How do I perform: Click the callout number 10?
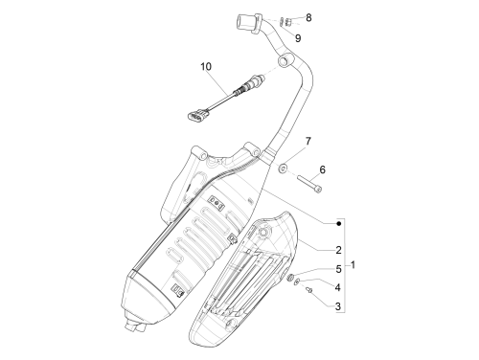click(206, 67)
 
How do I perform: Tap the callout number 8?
click(308, 18)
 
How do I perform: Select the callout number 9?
click(298, 38)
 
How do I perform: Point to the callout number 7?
click(308, 141)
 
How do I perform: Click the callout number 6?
click(322, 169)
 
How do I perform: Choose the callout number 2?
click(338, 250)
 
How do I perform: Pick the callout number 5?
click(338, 269)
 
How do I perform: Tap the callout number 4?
click(337, 287)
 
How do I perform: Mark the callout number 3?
click(338, 306)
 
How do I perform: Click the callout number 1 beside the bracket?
click(353, 265)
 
